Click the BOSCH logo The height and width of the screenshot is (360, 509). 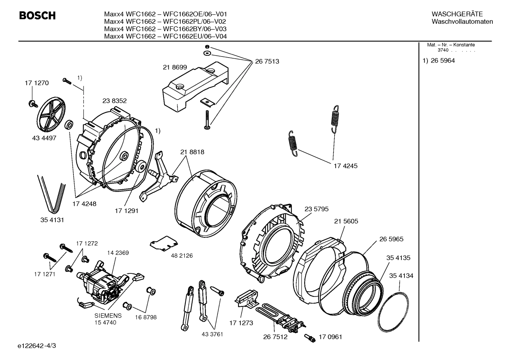click(x=37, y=16)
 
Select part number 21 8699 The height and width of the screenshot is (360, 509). click(x=175, y=67)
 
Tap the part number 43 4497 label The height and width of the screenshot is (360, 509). click(x=44, y=138)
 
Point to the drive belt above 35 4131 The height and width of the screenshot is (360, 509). click(x=52, y=194)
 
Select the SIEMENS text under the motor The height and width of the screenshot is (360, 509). click(x=108, y=315)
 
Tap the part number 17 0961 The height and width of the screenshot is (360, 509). click(x=330, y=337)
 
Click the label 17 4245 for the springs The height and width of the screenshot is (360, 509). click(x=346, y=166)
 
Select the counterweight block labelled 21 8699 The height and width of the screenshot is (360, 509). click(x=194, y=87)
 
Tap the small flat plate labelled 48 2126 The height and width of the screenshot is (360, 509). click(x=163, y=244)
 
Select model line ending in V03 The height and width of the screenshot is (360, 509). click(x=165, y=29)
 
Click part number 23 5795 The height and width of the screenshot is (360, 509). click(x=316, y=209)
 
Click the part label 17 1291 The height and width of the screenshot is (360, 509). click(x=126, y=211)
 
